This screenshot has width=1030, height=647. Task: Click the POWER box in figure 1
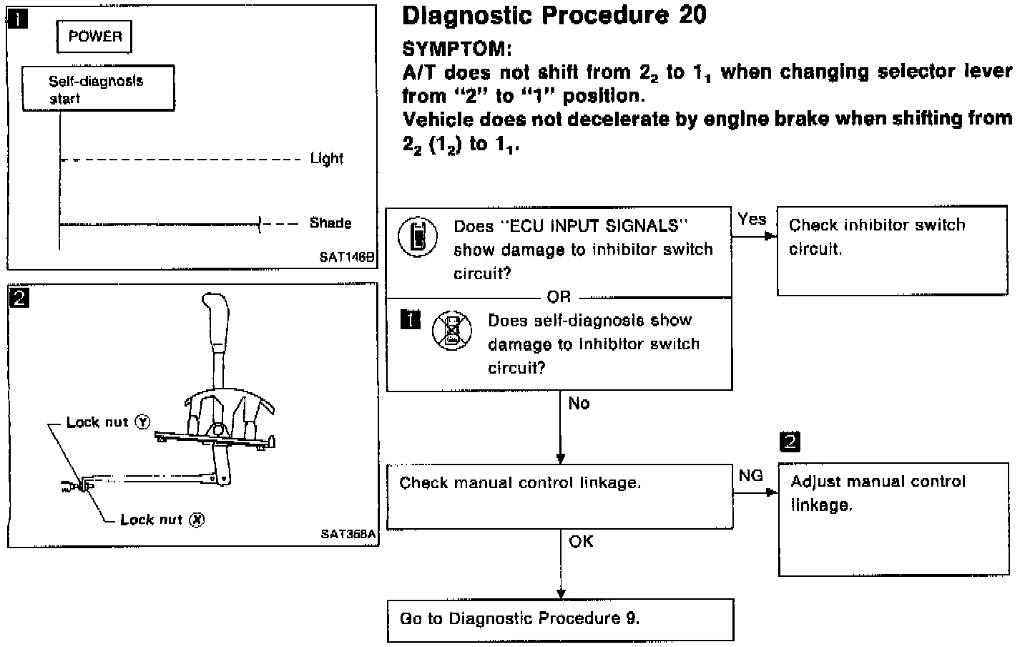94,37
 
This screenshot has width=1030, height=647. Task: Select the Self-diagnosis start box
98,89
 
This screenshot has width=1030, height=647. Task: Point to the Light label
327,159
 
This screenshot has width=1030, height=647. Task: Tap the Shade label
330,223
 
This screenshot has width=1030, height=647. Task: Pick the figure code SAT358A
348,534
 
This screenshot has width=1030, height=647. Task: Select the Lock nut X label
162,520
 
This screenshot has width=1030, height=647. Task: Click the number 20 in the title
692,16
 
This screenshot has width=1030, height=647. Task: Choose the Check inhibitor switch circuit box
892,250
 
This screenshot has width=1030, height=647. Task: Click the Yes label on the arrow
752,220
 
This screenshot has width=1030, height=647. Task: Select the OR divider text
559,296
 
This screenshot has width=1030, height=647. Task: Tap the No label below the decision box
579,404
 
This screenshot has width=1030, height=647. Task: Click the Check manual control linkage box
559,497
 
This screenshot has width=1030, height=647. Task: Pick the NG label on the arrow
750,476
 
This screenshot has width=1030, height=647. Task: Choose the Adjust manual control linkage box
893,520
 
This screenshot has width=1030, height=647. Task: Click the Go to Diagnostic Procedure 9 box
560,619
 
